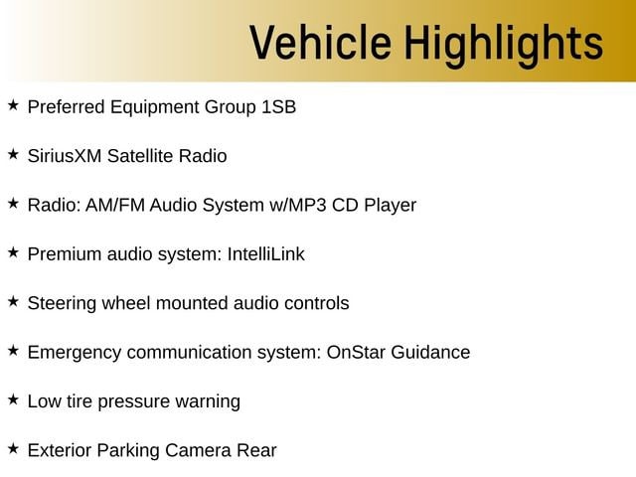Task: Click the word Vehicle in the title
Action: tap(321, 42)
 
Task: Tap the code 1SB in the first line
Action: tap(279, 107)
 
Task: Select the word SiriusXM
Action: tap(64, 156)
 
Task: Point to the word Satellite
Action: tap(140, 156)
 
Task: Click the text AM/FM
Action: tap(115, 205)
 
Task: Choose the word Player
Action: tap(391, 206)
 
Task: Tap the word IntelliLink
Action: tap(266, 254)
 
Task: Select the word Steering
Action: tap(62, 304)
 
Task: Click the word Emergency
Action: tap(75, 353)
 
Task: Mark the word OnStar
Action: tap(356, 352)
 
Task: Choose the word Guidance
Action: tap(430, 352)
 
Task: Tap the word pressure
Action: tap(134, 401)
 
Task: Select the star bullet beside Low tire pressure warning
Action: tap(13, 399)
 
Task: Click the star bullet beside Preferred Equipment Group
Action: tap(13, 105)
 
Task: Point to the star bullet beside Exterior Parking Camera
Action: tap(13, 448)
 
